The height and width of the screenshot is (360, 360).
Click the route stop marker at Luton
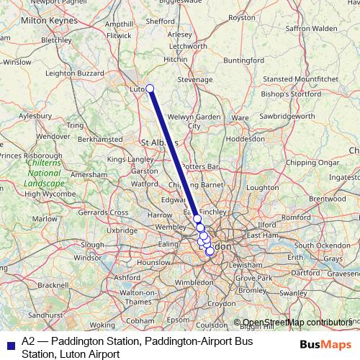pyautogui.click(x=150, y=89)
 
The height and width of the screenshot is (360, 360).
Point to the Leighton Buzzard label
pyautogui.click(x=74, y=72)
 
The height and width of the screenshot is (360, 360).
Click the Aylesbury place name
pyautogui.click(x=35, y=114)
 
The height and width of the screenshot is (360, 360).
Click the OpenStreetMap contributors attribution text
pyautogui.click(x=297, y=323)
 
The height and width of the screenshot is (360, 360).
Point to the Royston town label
pyautogui.click(x=261, y=37)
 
